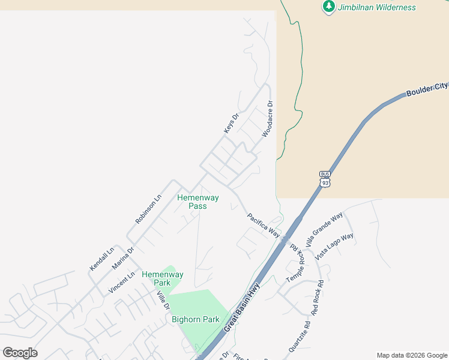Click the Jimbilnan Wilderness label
(x=376, y=7)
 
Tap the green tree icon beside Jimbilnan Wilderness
(x=328, y=7)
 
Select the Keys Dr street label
(x=231, y=123)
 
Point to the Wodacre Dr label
(x=268, y=119)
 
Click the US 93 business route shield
(x=325, y=179)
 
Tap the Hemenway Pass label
(x=197, y=202)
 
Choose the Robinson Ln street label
(x=148, y=209)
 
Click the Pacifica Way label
(x=264, y=224)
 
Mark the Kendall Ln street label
(x=101, y=259)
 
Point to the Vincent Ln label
(x=122, y=282)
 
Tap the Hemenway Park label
(x=163, y=278)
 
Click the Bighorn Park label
(x=196, y=319)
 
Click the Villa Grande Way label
(x=324, y=229)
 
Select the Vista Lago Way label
(x=334, y=246)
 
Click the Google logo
(x=20, y=353)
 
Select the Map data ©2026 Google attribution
(x=412, y=355)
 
